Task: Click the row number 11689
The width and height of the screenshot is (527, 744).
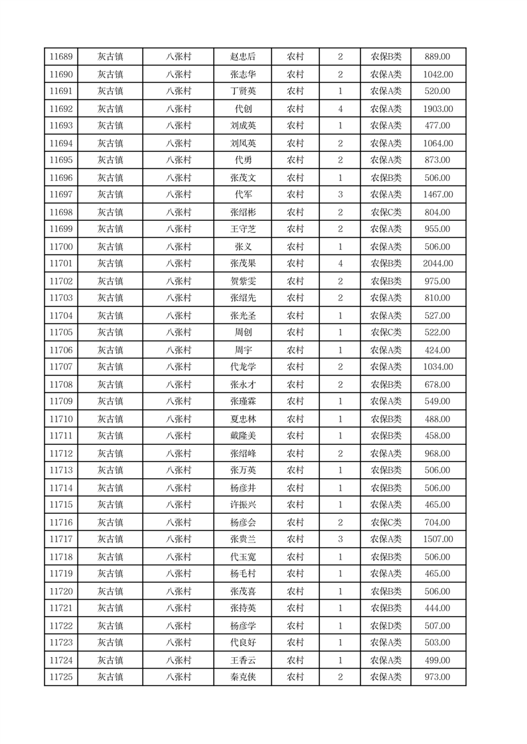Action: click(61, 57)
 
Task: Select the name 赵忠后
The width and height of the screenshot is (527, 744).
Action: click(242, 57)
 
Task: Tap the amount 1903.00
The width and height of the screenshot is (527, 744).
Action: click(438, 109)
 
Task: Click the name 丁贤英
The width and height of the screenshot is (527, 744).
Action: click(242, 92)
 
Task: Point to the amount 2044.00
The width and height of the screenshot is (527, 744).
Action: click(438, 264)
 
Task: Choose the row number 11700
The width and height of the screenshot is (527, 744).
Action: click(61, 247)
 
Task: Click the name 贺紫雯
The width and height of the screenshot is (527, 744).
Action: click(242, 281)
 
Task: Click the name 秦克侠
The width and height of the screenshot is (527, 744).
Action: click(242, 677)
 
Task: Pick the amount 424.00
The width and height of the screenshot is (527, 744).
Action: click(438, 350)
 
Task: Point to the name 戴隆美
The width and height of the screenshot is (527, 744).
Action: click(242, 436)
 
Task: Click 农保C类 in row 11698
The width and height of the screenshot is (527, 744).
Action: click(386, 212)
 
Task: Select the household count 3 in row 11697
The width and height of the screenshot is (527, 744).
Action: click(340, 195)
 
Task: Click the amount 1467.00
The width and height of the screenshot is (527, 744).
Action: click(438, 195)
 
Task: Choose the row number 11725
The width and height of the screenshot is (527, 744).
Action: click(61, 677)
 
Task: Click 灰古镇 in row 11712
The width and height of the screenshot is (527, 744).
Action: click(110, 454)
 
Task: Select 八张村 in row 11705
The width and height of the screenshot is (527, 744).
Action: click(179, 333)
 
